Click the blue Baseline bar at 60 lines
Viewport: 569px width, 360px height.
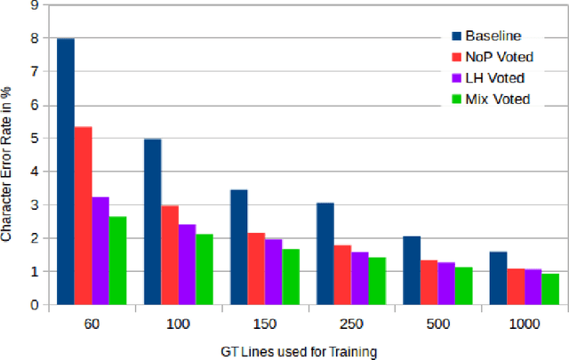[65, 172]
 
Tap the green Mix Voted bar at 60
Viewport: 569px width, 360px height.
[117, 260]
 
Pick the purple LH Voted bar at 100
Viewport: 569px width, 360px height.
[187, 264]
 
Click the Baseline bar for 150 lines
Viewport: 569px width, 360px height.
[238, 247]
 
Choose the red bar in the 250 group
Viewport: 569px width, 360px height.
[342, 275]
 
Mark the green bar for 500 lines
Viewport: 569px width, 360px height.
[463, 285]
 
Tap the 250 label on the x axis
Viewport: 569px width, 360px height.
[350, 325]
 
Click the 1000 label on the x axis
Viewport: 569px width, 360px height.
[523, 325]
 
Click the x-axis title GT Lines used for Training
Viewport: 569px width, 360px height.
[299, 351]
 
